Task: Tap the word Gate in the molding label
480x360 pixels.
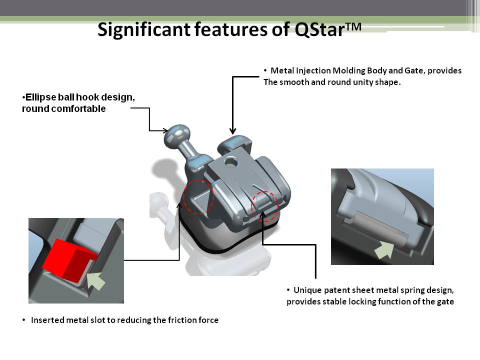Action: point(415,70)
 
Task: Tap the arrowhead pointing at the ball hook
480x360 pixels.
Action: point(165,130)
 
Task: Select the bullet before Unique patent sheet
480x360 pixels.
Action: point(288,290)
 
